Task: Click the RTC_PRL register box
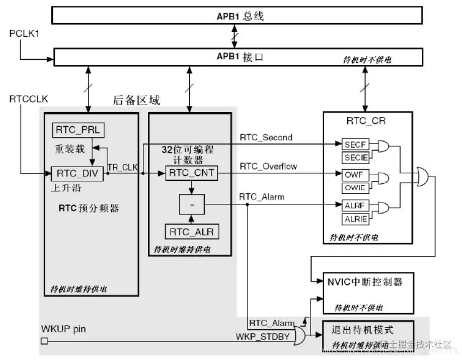tap(78, 130)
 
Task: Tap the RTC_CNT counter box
tap(191, 174)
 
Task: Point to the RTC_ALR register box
tap(191, 232)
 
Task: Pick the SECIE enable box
tap(355, 158)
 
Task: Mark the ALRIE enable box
tap(355, 219)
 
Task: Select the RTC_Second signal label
tap(266, 136)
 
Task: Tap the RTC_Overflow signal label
tap(268, 166)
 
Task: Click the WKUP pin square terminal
tap(44, 341)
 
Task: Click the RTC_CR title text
tap(367, 121)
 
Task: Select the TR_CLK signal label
tap(122, 167)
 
